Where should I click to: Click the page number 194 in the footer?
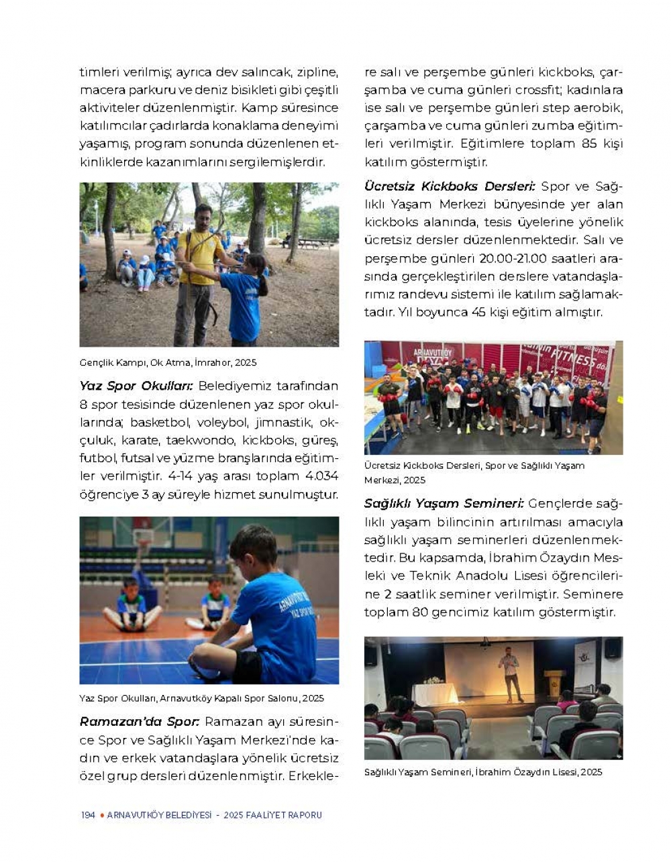(88, 815)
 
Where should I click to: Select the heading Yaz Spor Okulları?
(136, 386)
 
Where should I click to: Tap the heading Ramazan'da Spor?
(140, 722)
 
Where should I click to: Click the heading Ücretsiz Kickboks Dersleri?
(450, 186)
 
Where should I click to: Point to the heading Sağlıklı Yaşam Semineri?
(444, 503)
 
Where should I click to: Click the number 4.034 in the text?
(321, 476)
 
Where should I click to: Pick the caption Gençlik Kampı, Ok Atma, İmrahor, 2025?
(168, 362)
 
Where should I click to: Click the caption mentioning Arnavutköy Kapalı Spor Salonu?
(201, 698)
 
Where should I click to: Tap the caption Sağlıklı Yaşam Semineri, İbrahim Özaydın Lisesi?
(483, 772)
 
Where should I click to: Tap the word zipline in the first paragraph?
(316, 72)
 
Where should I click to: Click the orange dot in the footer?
(101, 815)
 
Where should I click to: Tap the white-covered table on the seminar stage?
(436, 694)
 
